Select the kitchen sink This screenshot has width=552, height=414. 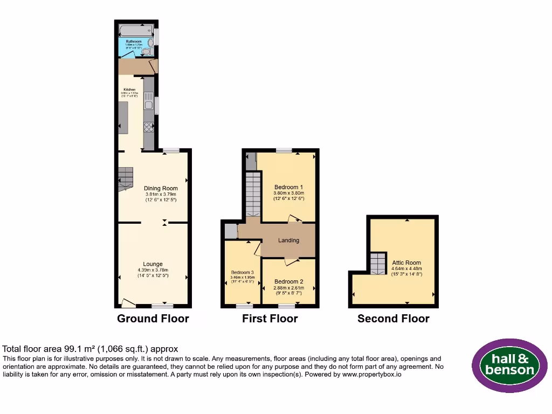(148, 102)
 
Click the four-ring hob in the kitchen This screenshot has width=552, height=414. (148, 127)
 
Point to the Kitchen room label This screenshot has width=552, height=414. (129, 89)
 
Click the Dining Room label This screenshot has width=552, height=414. (160, 188)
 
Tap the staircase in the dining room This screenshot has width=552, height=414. (125, 179)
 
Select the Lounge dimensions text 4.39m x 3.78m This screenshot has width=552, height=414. (153, 271)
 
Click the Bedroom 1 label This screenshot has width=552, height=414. (288, 187)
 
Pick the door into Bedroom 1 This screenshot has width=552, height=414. (295, 219)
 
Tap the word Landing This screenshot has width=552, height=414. (288, 240)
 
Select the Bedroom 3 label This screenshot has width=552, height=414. (242, 272)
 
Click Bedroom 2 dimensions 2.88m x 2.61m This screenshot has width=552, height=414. (288, 288)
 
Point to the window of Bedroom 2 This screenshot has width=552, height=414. (286, 306)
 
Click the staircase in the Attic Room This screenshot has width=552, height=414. (378, 263)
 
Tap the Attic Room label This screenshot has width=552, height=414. (406, 263)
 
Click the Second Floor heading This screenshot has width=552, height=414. (393, 319)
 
